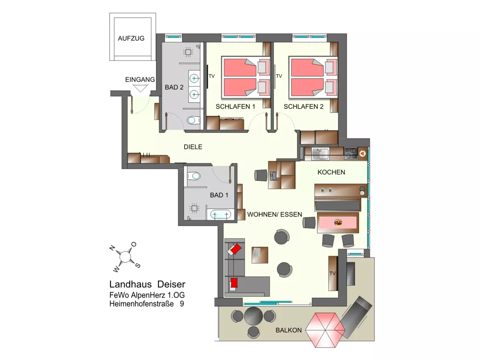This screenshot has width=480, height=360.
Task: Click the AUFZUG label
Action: [131, 38]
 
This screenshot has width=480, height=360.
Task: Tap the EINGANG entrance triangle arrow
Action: [140, 88]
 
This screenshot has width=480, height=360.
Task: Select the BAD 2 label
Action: [174, 87]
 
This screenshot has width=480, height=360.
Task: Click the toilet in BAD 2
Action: [193, 120]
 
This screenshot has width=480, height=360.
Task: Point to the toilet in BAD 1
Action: [194, 176]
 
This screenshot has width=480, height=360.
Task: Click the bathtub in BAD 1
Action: [220, 214]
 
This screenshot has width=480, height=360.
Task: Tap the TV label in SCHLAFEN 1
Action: [212, 76]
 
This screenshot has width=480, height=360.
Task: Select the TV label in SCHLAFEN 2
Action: [279, 76]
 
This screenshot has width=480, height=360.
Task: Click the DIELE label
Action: [193, 147]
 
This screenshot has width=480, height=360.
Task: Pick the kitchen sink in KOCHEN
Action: [320, 154]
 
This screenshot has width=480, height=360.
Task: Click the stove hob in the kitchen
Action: [351, 153]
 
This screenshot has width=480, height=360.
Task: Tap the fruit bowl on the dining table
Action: [338, 223]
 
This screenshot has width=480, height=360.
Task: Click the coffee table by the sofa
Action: [260, 255]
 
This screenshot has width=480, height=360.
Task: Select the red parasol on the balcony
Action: [325, 330]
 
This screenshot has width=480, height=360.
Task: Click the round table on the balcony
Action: [253, 316]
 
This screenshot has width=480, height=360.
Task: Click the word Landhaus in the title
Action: [130, 284]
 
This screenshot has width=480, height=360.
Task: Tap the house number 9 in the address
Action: [182, 304]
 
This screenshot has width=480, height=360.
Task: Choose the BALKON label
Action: [288, 330]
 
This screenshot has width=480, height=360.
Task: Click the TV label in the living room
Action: [332, 273]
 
